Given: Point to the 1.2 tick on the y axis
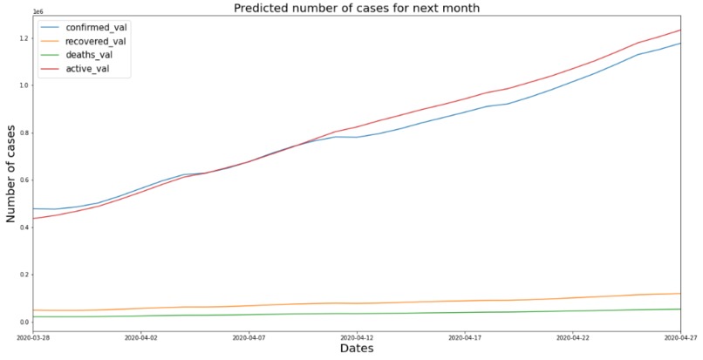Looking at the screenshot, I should pyautogui.click(x=23, y=38).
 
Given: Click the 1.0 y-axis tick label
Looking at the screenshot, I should pyautogui.click(x=23, y=85).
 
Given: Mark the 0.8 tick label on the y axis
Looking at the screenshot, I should pyautogui.click(x=23, y=132).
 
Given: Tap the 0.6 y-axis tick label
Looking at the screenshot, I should pyautogui.click(x=23, y=180).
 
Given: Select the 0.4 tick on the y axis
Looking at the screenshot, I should pyautogui.click(x=23, y=228).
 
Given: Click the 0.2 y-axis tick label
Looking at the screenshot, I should pyautogui.click(x=23, y=275).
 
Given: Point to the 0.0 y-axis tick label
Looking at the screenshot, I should pyautogui.click(x=23, y=323).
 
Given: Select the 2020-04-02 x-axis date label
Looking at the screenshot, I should pyautogui.click(x=141, y=336).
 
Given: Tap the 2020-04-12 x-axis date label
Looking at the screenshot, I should pyautogui.click(x=357, y=336).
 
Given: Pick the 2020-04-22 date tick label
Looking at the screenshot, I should pyautogui.click(x=572, y=336).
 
